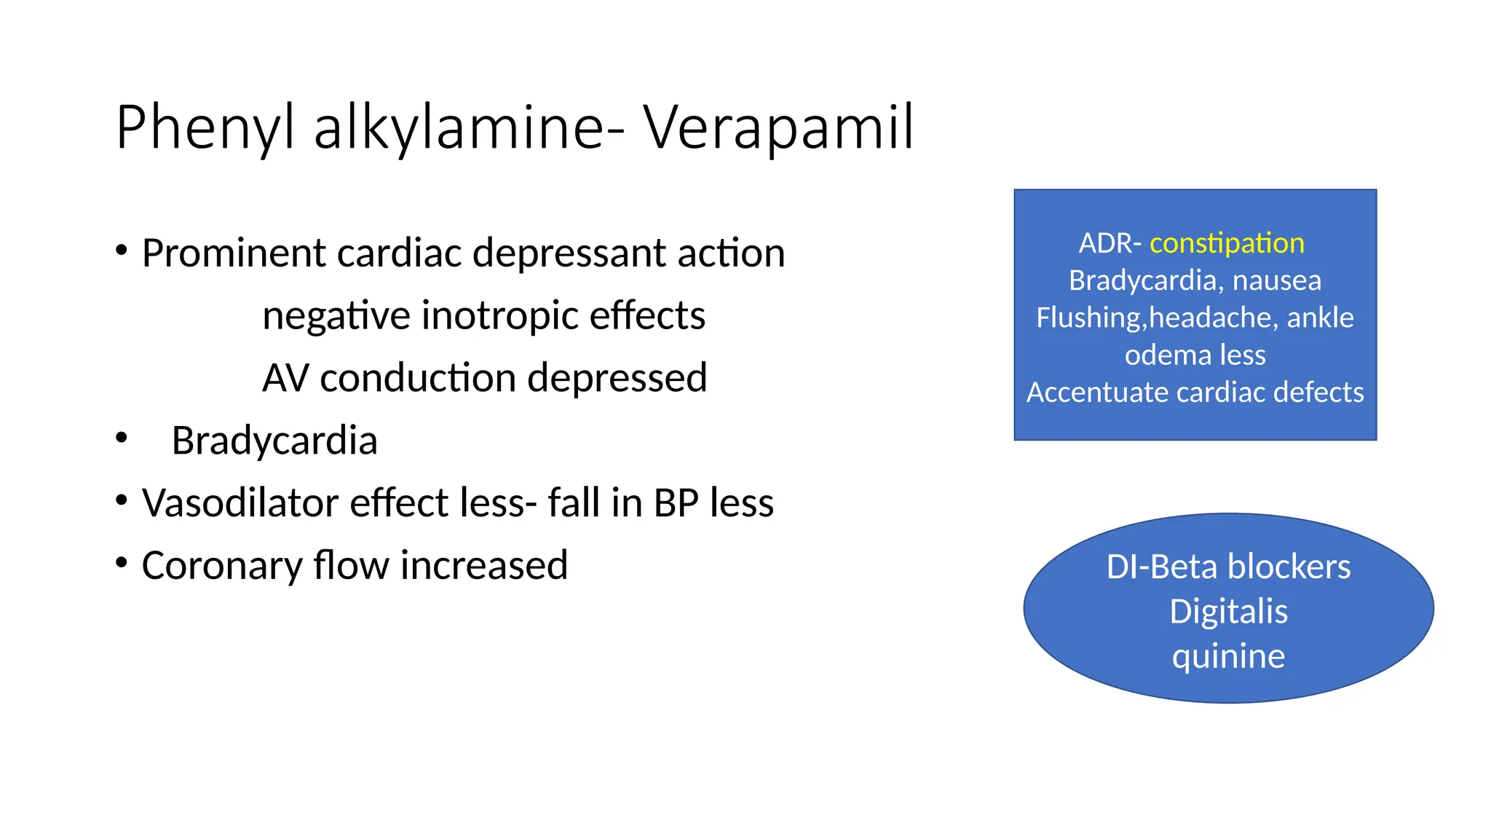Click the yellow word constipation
1227,243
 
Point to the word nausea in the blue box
1276,280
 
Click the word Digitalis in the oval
1228,612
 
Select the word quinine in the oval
1228,657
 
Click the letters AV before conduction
285,378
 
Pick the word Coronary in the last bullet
222,566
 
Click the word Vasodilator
240,503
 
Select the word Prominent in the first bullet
234,253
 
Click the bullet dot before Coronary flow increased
122,562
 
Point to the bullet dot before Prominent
122,251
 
